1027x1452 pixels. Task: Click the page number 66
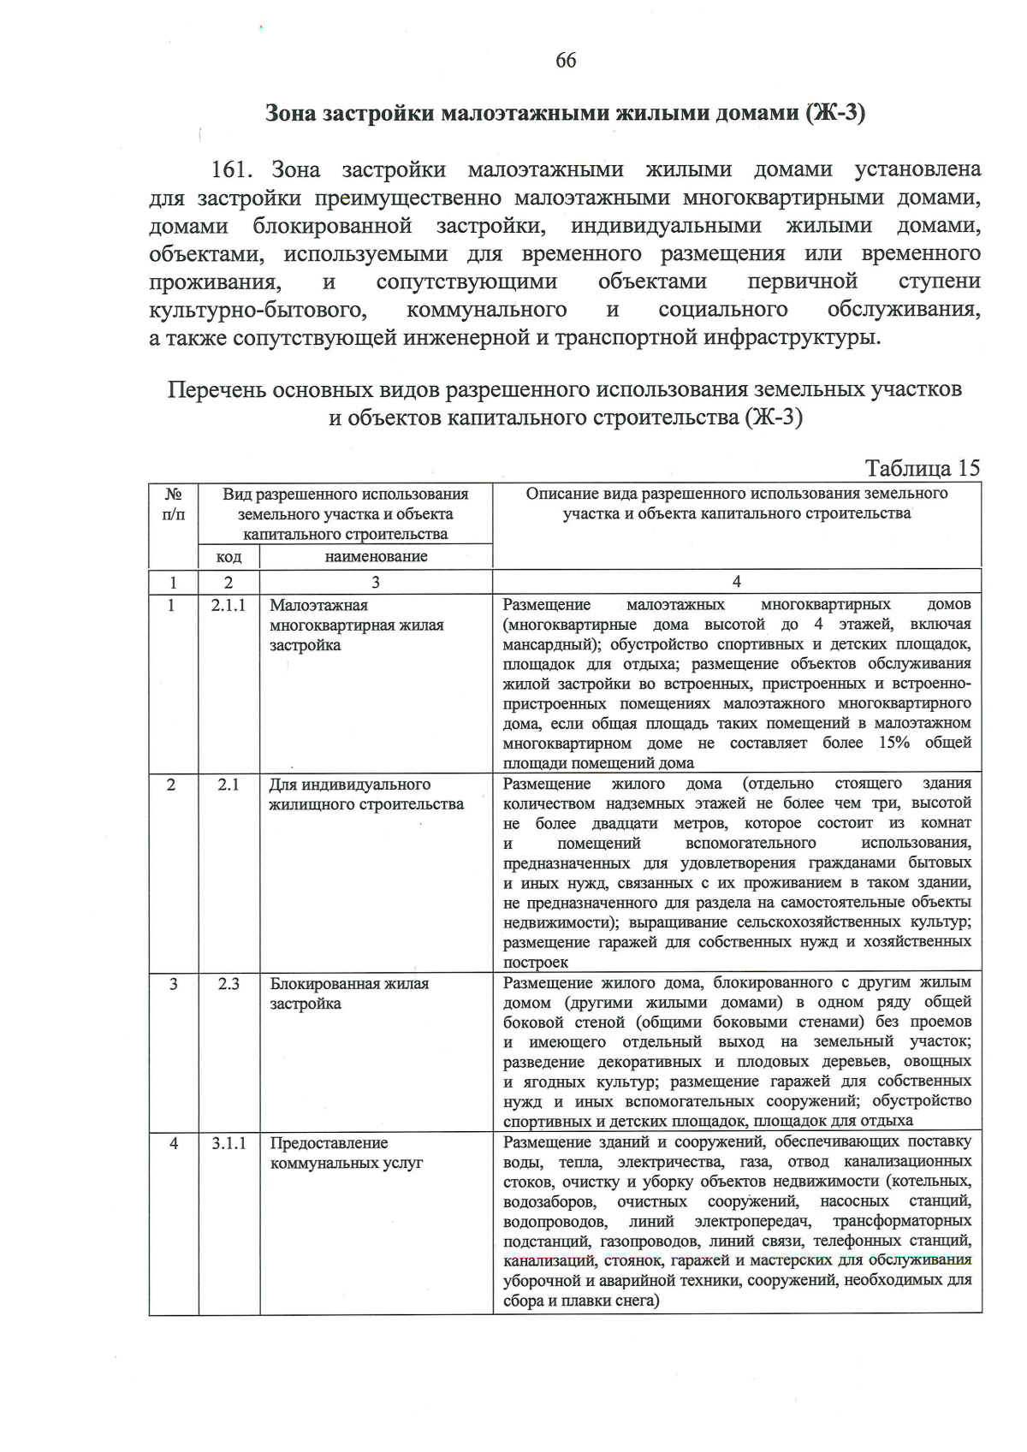point(566,60)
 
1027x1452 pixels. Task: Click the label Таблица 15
point(922,469)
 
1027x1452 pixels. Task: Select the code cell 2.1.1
point(229,605)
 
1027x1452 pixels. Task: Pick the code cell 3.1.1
point(229,1143)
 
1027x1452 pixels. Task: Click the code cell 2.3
point(229,984)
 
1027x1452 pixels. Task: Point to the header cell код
point(229,557)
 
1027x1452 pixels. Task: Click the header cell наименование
point(376,557)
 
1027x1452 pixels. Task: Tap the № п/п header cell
point(173,504)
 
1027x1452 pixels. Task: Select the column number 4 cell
point(737,583)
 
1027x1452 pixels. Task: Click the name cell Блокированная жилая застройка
point(349,993)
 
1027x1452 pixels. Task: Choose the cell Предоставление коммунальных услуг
point(347,1153)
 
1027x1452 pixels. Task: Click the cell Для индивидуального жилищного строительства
point(366,794)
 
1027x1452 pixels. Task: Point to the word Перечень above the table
point(216,391)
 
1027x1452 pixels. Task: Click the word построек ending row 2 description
point(536,962)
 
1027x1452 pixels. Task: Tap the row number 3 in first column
point(173,984)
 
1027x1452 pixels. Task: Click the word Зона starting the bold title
point(291,114)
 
